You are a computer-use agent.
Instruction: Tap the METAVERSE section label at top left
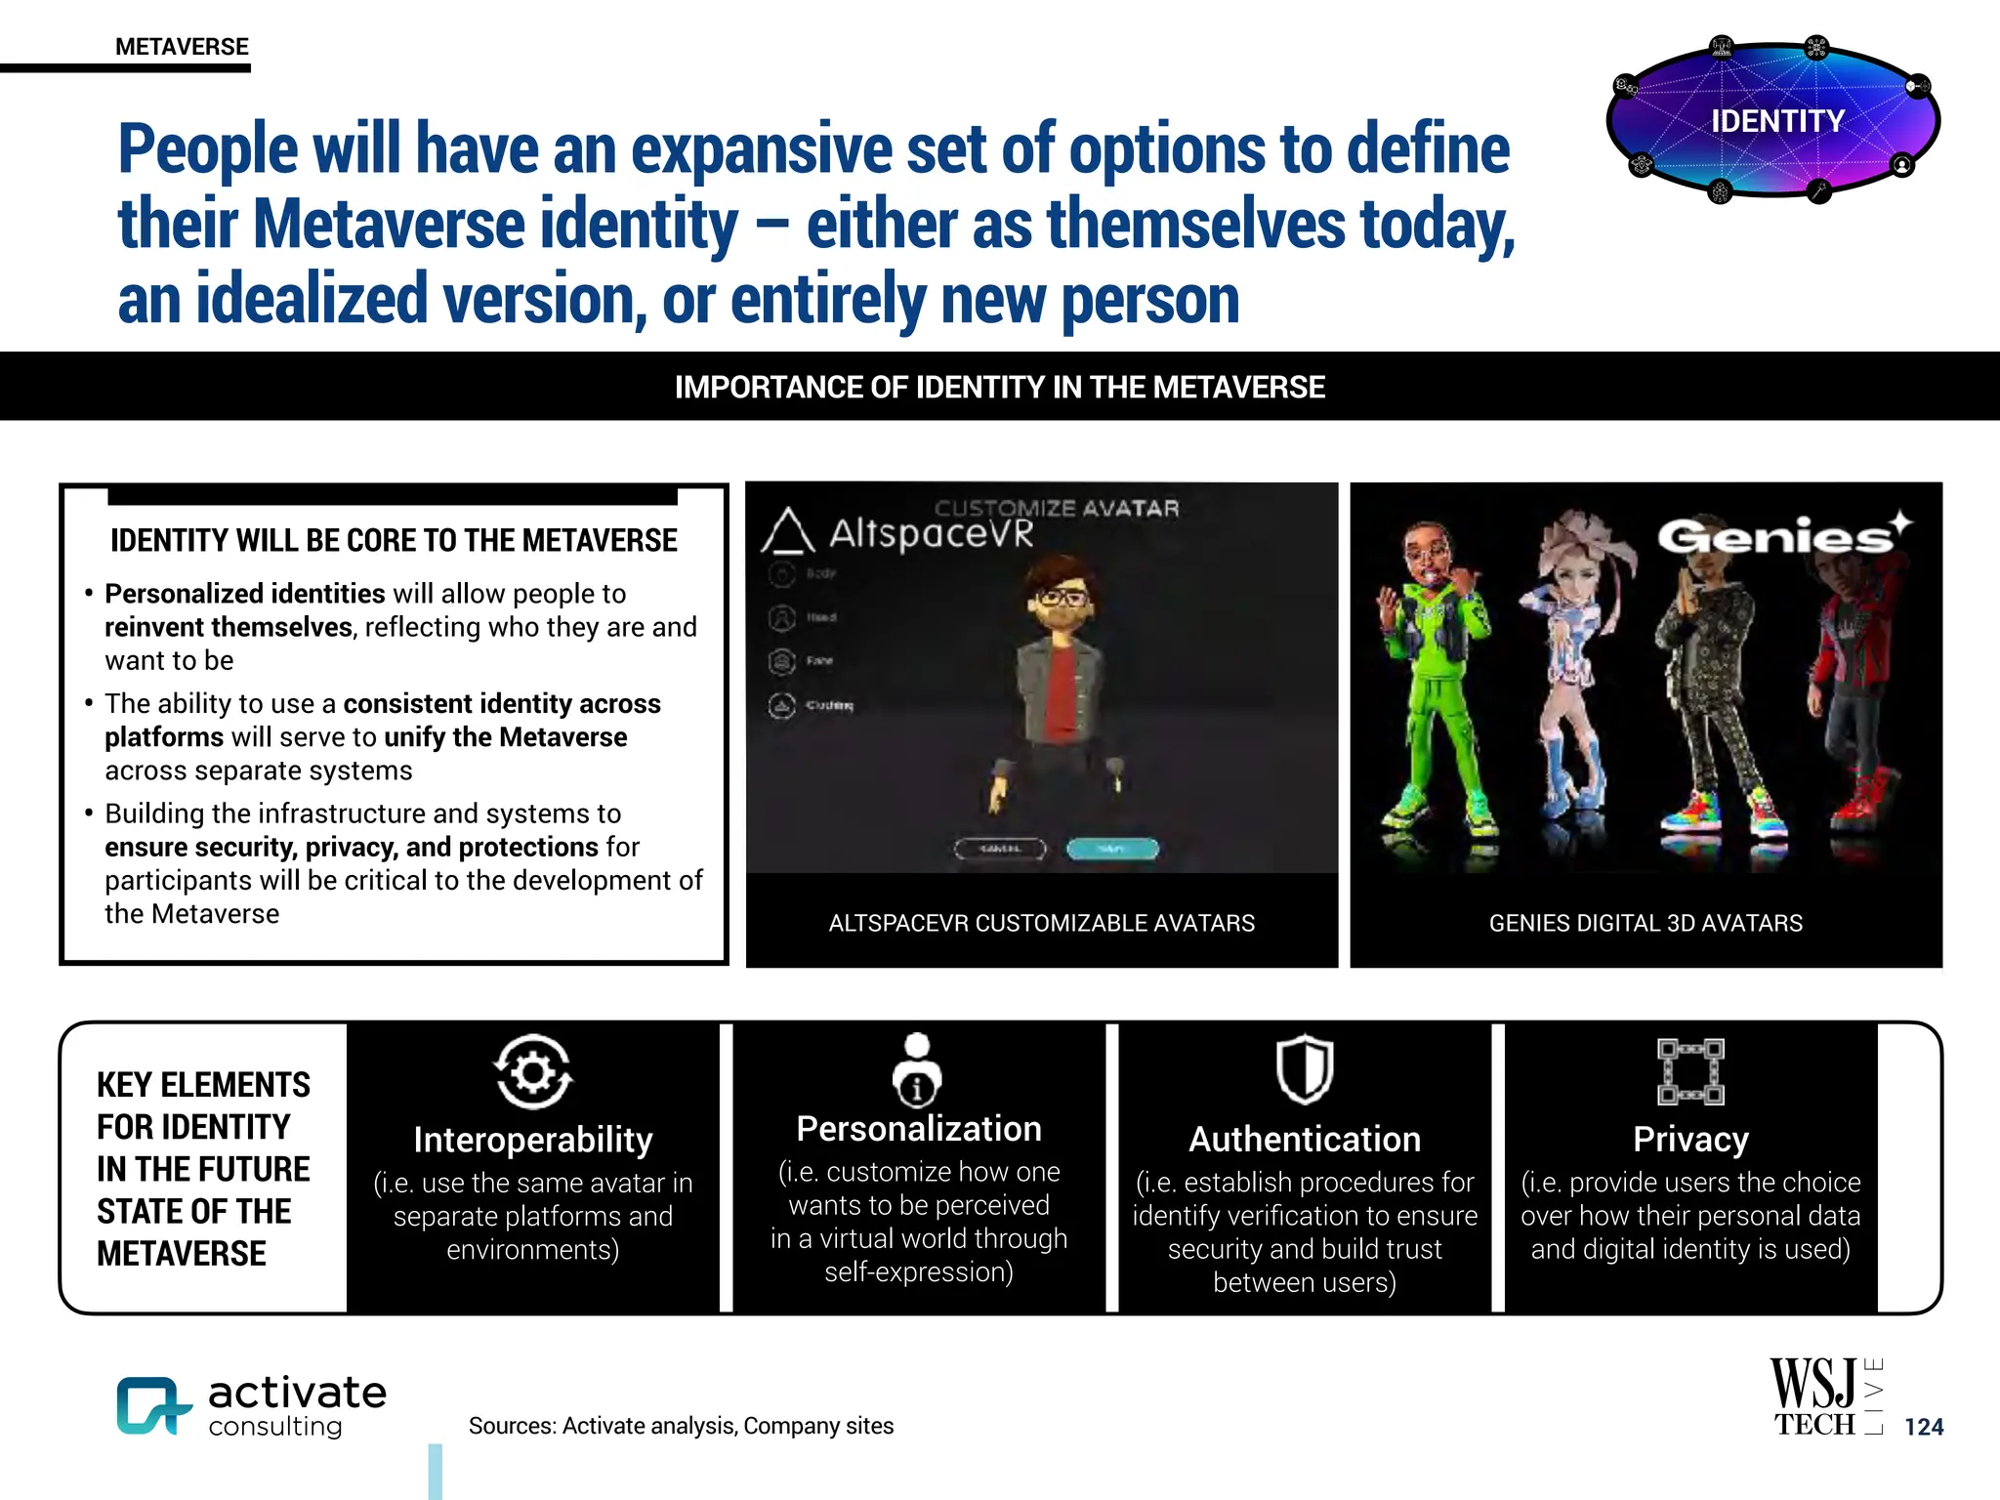coord(182,47)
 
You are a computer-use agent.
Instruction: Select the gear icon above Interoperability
coord(532,1072)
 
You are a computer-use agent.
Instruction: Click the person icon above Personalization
coord(917,1070)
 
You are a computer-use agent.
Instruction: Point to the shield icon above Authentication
coord(1305,1070)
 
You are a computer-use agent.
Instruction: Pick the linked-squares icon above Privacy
coord(1690,1071)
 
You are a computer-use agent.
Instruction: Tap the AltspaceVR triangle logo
coord(787,531)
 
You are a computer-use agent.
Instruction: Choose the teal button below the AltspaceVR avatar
coord(1112,849)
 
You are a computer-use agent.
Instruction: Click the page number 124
coord(1924,1427)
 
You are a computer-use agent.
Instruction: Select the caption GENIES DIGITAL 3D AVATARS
coord(1646,923)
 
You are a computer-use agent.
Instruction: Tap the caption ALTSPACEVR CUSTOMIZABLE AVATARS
coord(1041,923)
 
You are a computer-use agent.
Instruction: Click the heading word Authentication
coord(1305,1139)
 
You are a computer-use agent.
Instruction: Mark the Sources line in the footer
coord(681,1426)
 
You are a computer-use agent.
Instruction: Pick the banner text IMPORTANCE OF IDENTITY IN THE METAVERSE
coord(999,387)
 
